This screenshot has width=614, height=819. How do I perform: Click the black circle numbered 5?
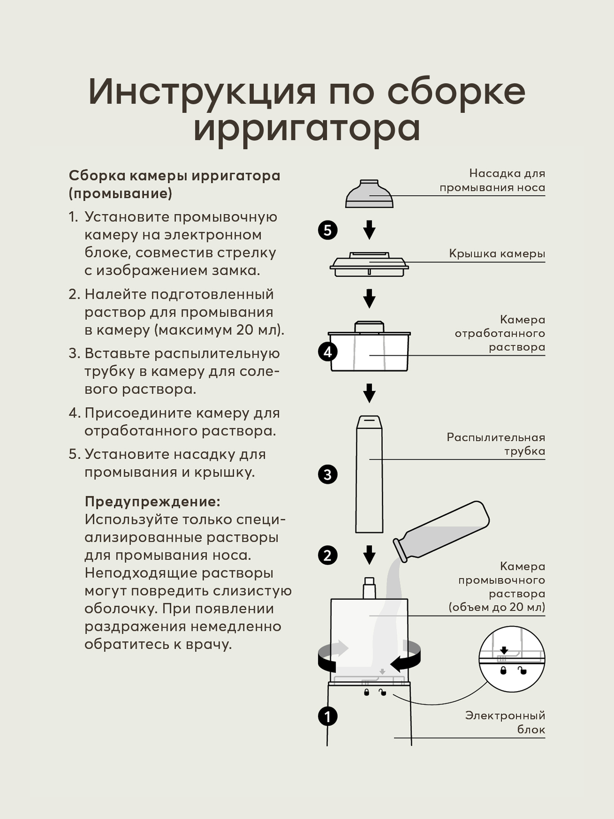327,230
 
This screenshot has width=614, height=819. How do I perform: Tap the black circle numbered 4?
327,352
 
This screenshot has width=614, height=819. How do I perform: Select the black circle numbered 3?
327,474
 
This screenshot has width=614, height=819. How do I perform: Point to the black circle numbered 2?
327,555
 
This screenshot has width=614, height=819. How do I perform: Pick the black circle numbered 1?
327,716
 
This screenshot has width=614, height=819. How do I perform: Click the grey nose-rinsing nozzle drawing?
369,194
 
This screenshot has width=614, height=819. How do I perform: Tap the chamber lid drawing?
369,264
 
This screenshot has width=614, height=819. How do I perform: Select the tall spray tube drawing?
369,474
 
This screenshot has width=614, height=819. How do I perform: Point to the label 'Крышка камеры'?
497,253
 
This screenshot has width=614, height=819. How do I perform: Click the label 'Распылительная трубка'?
496,444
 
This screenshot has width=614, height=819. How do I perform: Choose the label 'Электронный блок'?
505,722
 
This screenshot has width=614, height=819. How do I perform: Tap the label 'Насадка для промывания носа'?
492,180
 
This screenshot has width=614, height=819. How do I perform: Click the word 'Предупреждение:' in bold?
152,501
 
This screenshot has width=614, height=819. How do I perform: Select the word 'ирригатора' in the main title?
307,128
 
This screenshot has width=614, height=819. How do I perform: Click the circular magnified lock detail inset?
512,660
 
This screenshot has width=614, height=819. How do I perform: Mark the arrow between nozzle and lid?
369,230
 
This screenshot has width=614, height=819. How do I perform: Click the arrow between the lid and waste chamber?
369,298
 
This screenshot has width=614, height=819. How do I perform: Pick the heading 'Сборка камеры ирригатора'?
174,176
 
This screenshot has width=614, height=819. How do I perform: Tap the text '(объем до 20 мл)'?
497,607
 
